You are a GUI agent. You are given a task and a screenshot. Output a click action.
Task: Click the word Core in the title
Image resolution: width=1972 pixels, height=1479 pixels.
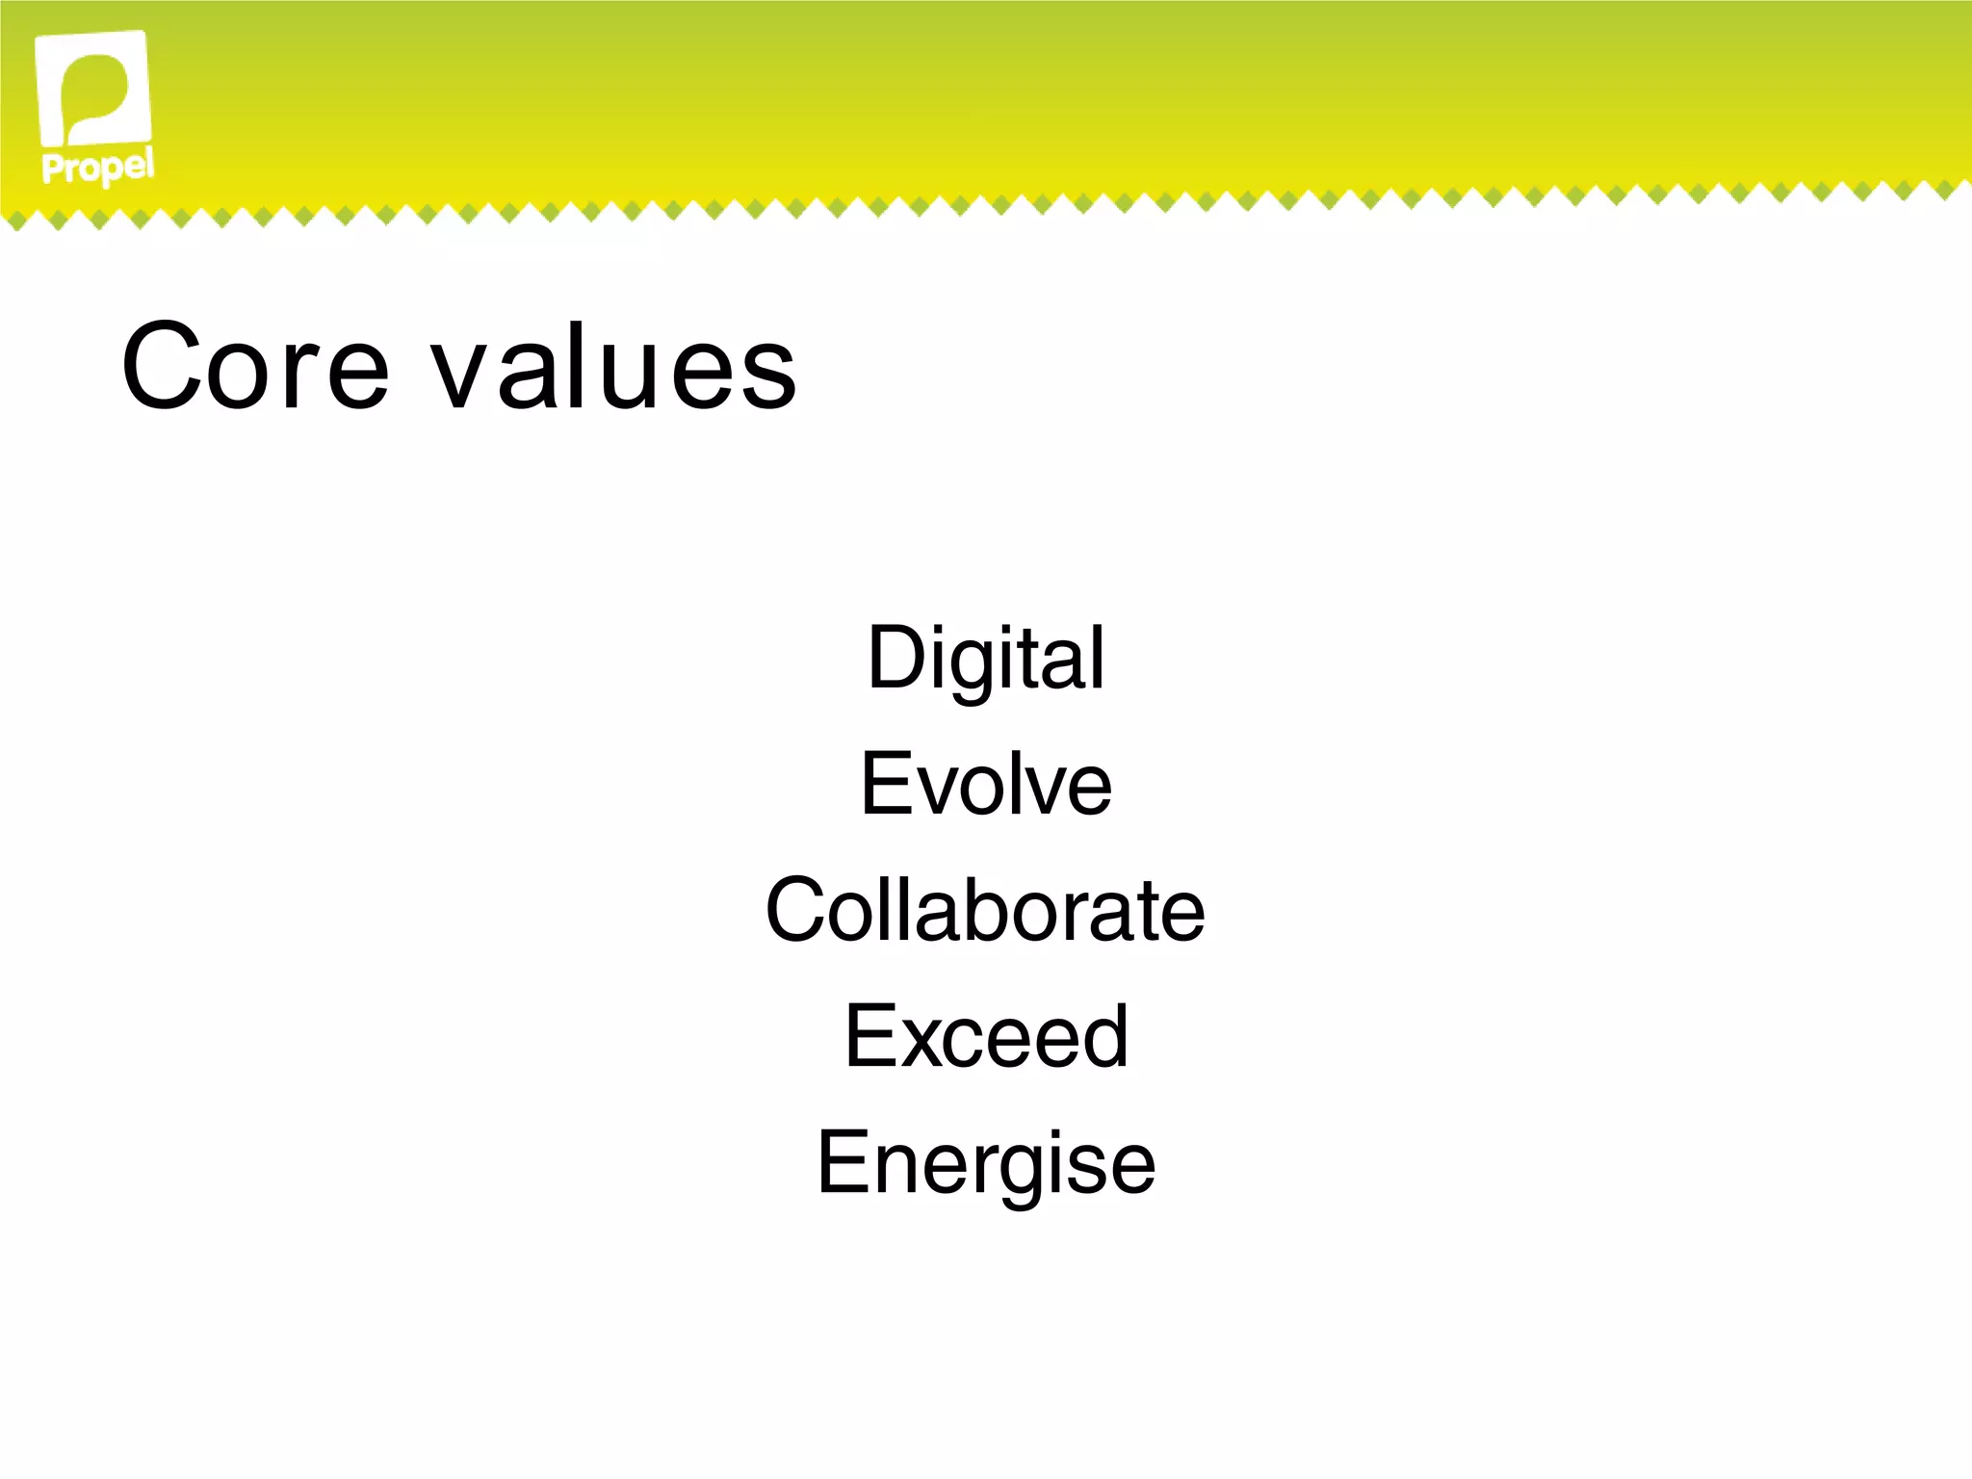(x=255, y=367)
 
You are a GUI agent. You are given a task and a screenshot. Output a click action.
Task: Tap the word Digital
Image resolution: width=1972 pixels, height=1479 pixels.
(x=986, y=659)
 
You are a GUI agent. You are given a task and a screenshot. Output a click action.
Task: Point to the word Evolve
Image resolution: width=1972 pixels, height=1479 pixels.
(x=986, y=785)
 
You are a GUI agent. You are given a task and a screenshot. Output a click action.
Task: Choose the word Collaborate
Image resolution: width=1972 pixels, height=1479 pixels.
(x=985, y=910)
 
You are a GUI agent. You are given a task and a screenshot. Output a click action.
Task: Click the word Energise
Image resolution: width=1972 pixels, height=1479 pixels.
(x=986, y=1164)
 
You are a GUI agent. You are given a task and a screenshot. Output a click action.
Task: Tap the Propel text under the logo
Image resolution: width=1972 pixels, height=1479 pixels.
(x=97, y=168)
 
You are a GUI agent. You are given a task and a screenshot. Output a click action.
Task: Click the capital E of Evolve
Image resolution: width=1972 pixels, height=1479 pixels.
(x=883, y=785)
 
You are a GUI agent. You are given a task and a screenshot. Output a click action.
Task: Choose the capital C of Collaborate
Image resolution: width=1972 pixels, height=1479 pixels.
(x=798, y=910)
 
